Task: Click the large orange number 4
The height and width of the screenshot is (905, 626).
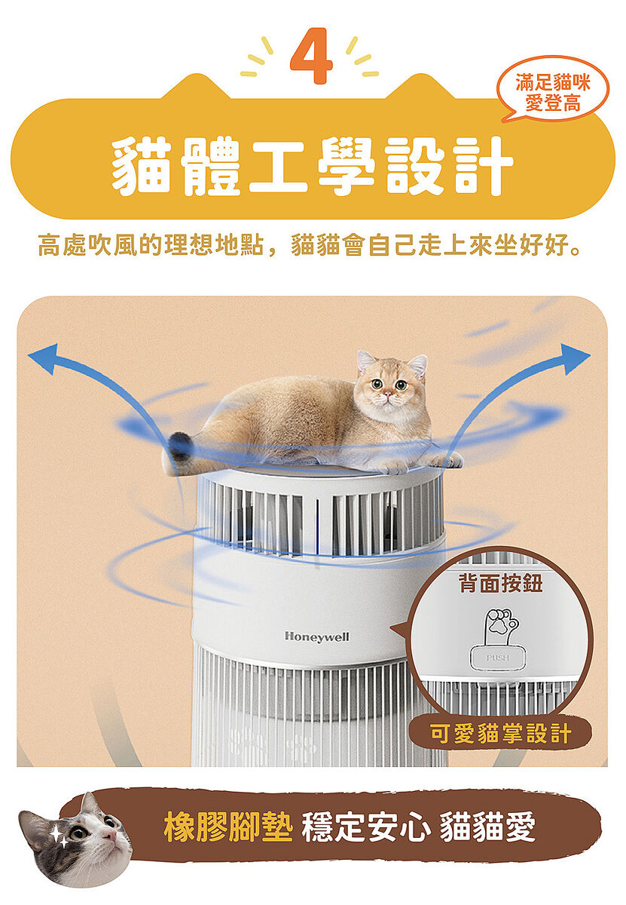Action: (312, 56)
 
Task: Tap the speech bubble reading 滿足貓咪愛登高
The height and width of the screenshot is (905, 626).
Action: (551, 90)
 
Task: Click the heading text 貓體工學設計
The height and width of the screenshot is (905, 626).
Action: (312, 166)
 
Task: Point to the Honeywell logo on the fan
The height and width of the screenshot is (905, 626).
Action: (317, 637)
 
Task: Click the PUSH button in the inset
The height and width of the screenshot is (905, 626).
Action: (498, 658)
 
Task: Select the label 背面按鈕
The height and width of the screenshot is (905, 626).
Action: (500, 583)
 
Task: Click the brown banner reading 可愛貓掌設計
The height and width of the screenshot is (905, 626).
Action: (500, 733)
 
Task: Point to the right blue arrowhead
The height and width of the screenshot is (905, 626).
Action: (576, 358)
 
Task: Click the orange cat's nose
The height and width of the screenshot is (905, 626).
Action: (387, 393)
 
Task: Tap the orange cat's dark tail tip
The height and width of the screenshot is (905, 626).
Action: (180, 446)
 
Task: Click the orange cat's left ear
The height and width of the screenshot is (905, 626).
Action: (365, 360)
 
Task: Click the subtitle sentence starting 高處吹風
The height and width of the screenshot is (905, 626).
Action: (310, 245)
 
